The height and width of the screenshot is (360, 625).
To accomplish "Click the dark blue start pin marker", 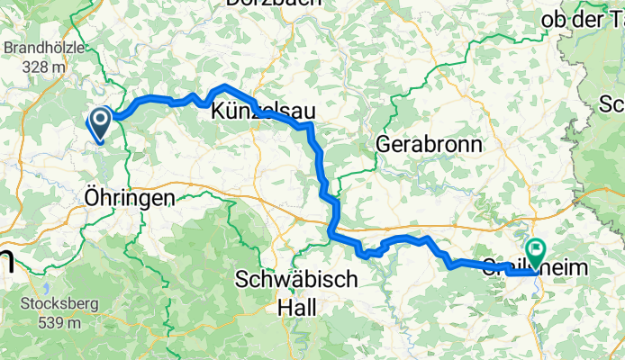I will (99, 122).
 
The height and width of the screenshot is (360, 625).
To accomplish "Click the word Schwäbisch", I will (297, 280).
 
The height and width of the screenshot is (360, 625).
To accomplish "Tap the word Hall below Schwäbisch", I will (297, 307).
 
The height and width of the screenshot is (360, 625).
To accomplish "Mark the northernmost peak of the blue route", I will (223, 86).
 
